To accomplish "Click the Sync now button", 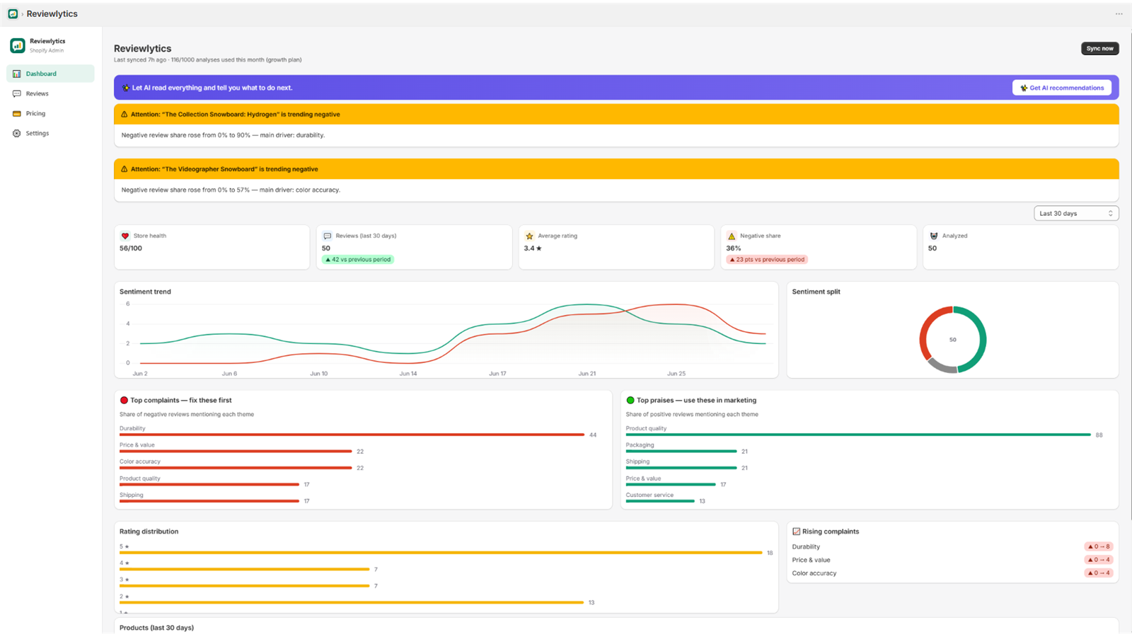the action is [x=1099, y=49].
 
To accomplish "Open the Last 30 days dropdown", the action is [x=1076, y=213].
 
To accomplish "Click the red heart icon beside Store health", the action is [x=125, y=236].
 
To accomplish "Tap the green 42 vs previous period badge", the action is [x=358, y=259].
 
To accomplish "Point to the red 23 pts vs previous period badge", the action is [x=767, y=259].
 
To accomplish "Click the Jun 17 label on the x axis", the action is [x=497, y=374].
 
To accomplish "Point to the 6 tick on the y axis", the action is [x=128, y=304].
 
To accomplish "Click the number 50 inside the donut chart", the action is [x=952, y=340].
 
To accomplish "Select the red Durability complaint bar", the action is [x=352, y=435].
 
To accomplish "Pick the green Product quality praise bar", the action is [x=858, y=435].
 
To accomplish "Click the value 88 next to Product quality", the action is [x=1099, y=435].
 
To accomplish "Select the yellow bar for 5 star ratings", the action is [x=441, y=553].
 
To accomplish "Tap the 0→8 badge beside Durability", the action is [x=1099, y=546].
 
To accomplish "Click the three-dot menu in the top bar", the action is [x=1119, y=13].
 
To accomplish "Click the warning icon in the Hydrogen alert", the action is [x=125, y=114].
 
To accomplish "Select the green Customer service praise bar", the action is [x=660, y=501].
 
